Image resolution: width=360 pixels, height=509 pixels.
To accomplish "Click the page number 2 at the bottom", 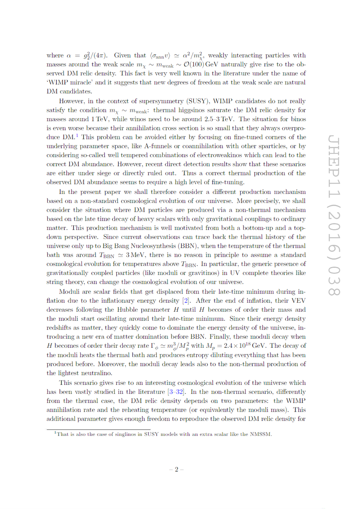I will tap(176, 469).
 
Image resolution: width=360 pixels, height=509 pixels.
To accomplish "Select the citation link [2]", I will tap(186, 301).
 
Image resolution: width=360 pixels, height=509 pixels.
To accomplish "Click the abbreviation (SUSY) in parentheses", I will tap(198, 101).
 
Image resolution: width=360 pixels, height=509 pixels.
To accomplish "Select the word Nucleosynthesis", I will tap(152, 246).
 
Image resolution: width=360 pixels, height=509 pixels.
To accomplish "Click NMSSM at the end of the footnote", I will tap(260, 434).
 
